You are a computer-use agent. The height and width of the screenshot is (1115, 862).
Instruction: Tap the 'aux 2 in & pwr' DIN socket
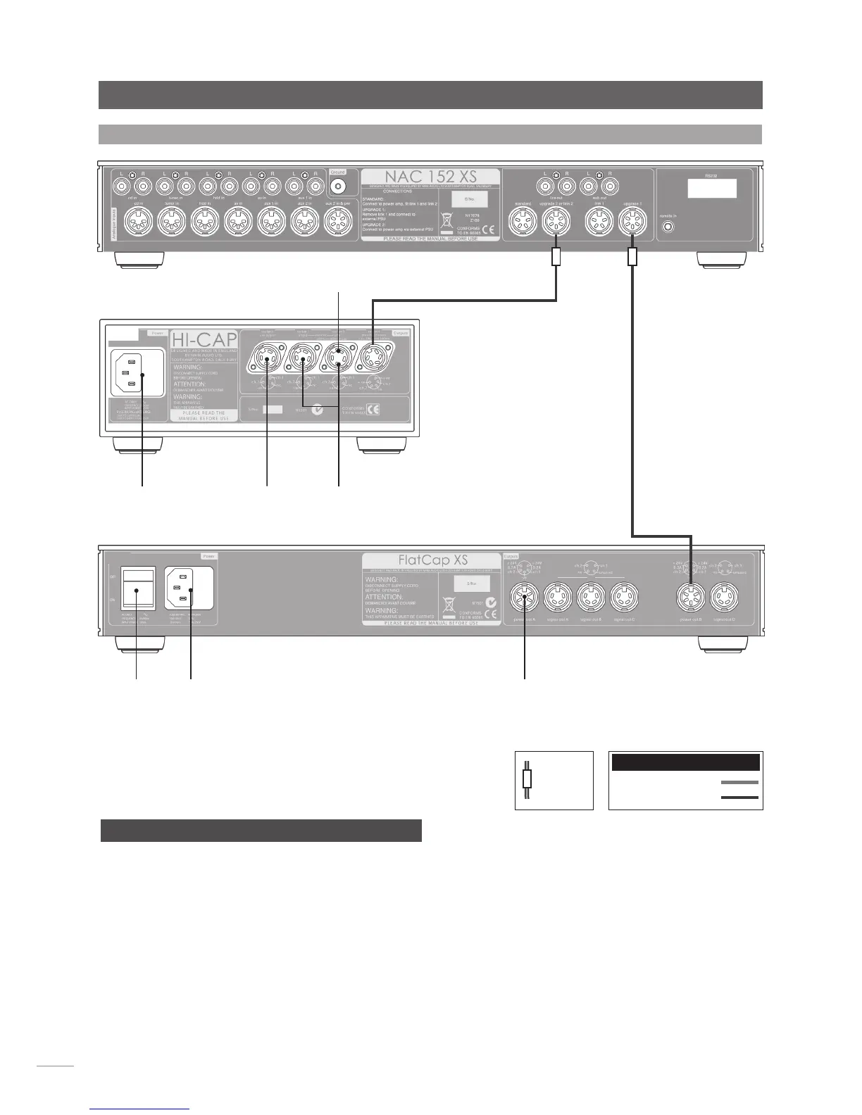click(337, 225)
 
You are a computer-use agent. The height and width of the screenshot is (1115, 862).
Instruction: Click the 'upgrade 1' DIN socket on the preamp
click(632, 225)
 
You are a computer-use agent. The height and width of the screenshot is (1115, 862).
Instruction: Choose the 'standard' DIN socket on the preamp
click(522, 225)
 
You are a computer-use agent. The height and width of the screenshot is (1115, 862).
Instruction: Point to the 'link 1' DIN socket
click(599, 225)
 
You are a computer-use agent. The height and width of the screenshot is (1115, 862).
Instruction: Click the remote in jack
click(668, 227)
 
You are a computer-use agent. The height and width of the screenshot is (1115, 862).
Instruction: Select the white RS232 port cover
click(712, 189)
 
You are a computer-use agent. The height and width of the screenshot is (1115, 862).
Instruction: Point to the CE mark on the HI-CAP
click(372, 409)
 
